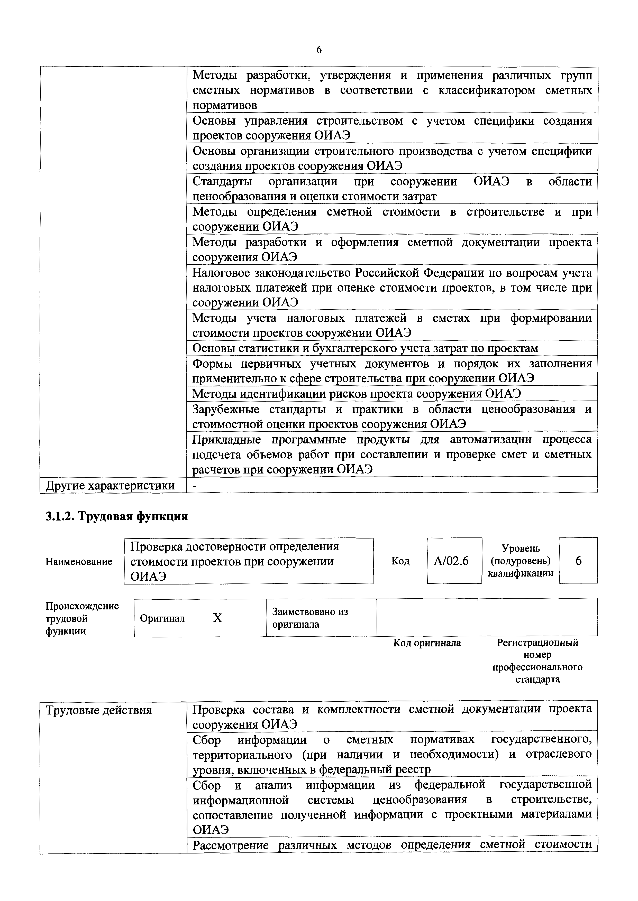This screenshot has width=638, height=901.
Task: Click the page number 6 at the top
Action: click(318, 50)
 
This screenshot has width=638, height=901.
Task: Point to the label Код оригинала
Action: click(427, 643)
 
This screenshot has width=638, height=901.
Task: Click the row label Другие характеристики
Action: click(110, 486)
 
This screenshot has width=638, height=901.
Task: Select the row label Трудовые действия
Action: click(99, 710)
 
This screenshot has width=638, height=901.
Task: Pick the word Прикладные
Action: click(226, 440)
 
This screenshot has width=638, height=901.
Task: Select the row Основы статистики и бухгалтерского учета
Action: click(365, 348)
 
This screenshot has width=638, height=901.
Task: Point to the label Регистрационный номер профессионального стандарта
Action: click(537, 661)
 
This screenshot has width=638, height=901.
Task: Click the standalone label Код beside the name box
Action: click(400, 561)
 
